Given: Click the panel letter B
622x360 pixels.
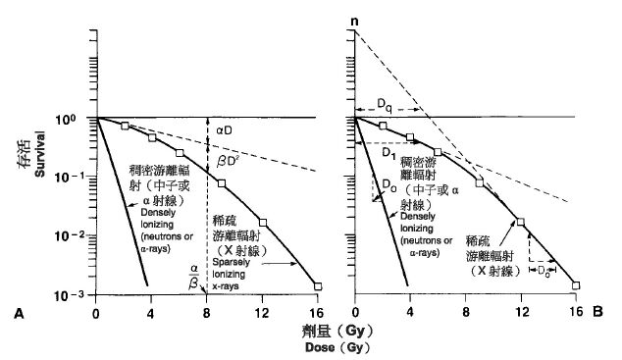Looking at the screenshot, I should pos(596,313).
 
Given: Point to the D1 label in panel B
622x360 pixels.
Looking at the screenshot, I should pos(389,155).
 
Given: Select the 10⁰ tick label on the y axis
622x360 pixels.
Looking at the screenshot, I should pos(78,118).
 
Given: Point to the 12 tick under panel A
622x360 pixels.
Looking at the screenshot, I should pos(262,312).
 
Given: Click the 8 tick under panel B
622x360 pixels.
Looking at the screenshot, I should pos(466,312).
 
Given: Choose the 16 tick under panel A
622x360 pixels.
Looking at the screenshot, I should pos(317,312).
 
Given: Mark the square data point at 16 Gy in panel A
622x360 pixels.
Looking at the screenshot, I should pos(317,285).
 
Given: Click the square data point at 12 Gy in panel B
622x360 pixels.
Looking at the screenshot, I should pos(521,222).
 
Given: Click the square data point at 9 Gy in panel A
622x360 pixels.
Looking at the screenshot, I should pos(222,183).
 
